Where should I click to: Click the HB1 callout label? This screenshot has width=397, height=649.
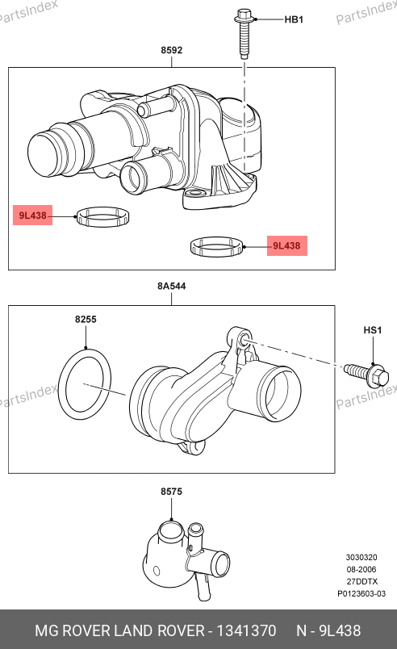click(x=294, y=19)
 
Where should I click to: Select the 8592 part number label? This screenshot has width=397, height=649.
click(x=172, y=50)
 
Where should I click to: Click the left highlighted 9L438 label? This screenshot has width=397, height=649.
click(x=32, y=216)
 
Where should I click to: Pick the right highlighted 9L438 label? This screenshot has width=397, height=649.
click(x=286, y=246)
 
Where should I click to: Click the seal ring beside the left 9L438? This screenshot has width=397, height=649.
click(x=103, y=211)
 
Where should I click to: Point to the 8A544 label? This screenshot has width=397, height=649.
click(x=172, y=286)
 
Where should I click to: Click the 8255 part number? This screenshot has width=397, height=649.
click(x=86, y=319)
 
